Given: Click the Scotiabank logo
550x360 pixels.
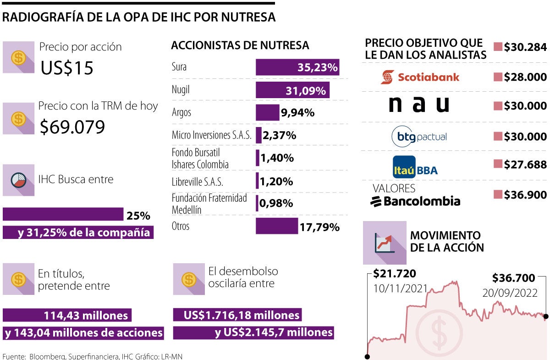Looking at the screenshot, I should coord(419,77).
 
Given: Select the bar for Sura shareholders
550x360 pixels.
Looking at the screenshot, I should coord(297,67).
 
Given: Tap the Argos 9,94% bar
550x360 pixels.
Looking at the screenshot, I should coord(267,112).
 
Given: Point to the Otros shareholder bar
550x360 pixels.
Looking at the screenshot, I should coord(277,226).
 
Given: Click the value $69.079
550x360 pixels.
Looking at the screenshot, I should coord(72,127).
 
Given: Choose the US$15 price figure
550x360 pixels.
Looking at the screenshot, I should coord(67,68).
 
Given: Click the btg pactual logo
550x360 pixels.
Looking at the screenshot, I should coord(419,136).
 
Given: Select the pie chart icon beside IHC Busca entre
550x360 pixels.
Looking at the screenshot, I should coord(18,180).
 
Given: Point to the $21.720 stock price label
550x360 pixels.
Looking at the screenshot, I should coord(395,274).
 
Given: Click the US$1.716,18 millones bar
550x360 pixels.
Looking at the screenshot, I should coord(237,315).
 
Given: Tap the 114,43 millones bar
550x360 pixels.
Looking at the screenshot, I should coord(67,315).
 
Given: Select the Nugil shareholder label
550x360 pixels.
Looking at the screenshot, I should coord(181,90).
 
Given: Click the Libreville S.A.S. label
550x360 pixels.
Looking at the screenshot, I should coord(197,182).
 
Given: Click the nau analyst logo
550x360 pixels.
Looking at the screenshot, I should coord(419,105).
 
